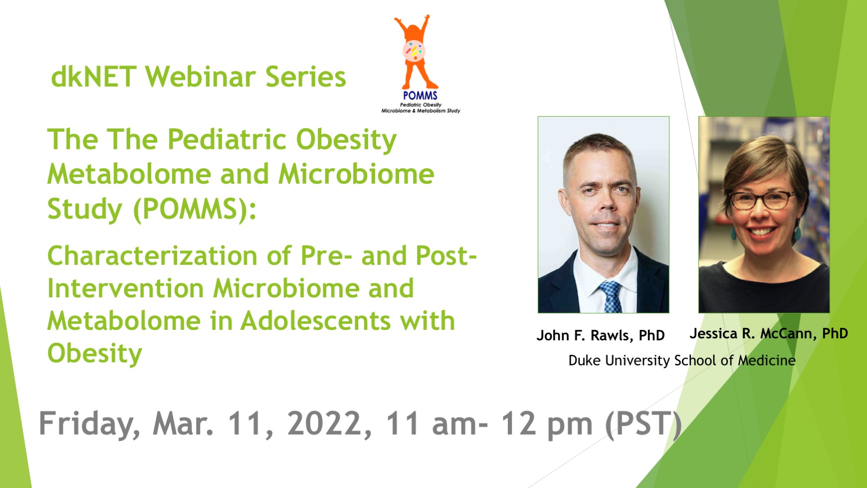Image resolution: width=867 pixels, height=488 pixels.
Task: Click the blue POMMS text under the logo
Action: [420, 95]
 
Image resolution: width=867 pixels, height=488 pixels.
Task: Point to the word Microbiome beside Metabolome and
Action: [356, 174]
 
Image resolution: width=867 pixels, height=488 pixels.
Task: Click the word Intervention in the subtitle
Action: [126, 288]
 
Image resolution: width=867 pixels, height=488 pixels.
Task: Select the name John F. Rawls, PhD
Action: [601, 335]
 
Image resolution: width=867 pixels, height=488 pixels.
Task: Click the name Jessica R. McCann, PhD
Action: [769, 333]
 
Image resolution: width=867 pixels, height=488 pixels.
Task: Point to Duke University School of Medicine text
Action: [682, 360]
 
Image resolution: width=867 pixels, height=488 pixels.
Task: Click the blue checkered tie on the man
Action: [611, 296]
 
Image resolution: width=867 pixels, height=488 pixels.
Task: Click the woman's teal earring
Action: [734, 232]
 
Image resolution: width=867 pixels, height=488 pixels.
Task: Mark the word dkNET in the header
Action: [94, 77]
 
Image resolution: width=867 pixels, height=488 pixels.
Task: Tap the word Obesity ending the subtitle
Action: [95, 354]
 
